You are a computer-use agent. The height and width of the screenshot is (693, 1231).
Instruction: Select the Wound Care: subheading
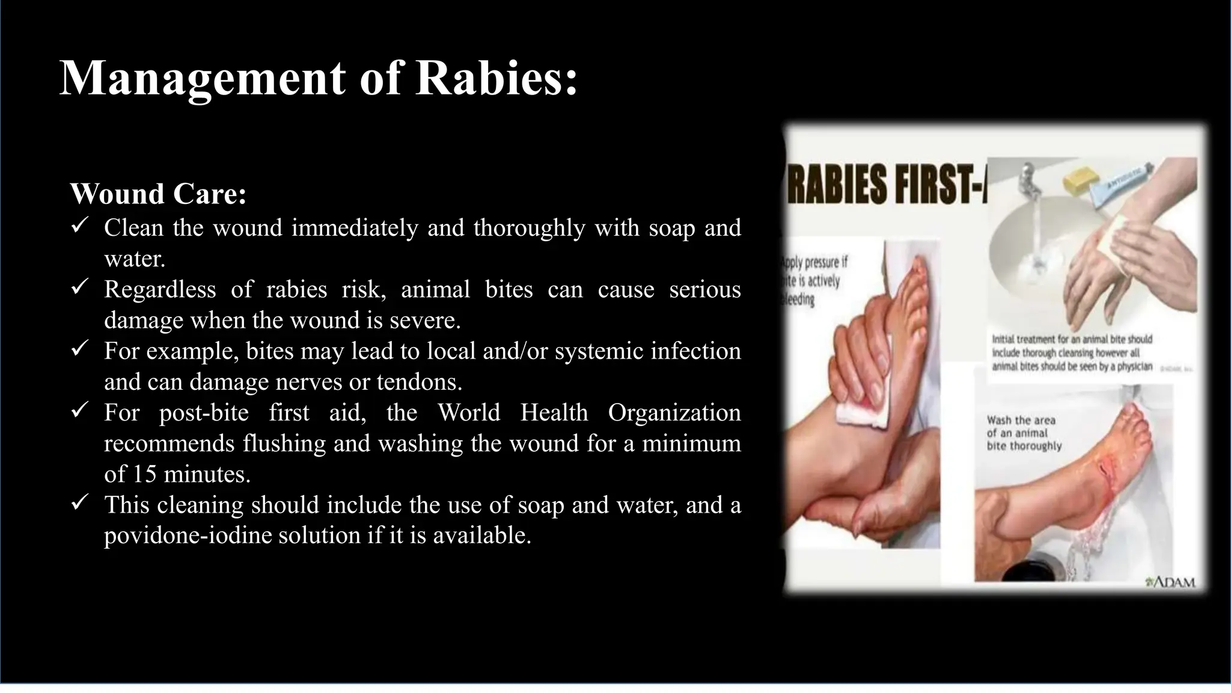158,194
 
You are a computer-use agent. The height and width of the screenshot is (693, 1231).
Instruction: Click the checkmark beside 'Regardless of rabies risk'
80,287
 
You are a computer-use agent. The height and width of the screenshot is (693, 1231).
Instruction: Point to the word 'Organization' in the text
674,413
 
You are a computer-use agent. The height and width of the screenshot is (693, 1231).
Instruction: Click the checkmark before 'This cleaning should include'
80,502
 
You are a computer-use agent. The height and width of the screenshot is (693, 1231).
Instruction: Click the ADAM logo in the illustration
1170,582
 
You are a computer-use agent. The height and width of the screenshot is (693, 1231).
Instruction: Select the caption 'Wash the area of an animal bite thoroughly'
1024,433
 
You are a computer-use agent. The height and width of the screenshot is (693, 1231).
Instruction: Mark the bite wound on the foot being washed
1107,476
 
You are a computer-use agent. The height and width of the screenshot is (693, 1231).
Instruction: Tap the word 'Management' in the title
203,78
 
